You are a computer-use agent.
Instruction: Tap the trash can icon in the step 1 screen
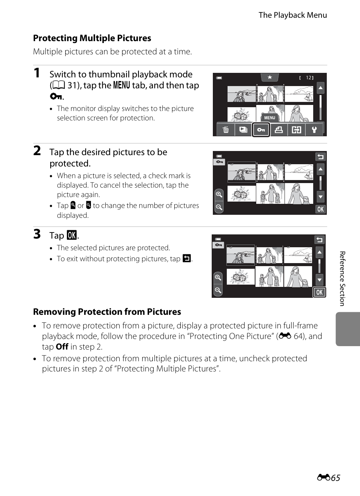click(x=226, y=130)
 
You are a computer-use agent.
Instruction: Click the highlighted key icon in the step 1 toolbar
click(x=261, y=130)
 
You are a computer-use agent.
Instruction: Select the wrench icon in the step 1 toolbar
click(x=314, y=130)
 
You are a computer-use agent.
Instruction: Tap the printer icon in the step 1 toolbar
click(x=279, y=130)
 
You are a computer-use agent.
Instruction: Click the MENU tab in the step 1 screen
click(x=269, y=118)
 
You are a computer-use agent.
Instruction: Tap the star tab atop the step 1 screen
click(x=270, y=77)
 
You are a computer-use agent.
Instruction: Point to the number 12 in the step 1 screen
click(x=309, y=78)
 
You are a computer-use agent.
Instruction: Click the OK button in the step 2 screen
click(x=320, y=209)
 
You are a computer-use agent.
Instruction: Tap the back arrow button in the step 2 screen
click(x=320, y=157)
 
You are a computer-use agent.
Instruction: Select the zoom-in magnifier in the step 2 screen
click(x=219, y=195)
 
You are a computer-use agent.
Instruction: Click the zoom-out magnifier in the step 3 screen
click(x=218, y=290)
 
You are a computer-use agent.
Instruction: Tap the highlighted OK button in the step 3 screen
click(x=319, y=292)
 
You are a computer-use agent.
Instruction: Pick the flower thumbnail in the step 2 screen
click(x=242, y=194)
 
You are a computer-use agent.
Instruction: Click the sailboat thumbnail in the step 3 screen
click(x=298, y=256)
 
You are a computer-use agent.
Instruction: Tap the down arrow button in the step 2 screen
click(x=320, y=197)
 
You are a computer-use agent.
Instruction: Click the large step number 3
click(x=37, y=234)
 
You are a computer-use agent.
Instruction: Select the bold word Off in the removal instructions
click(x=62, y=347)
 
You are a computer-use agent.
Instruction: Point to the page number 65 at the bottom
click(x=335, y=478)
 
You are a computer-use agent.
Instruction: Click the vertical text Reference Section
click(x=342, y=279)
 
